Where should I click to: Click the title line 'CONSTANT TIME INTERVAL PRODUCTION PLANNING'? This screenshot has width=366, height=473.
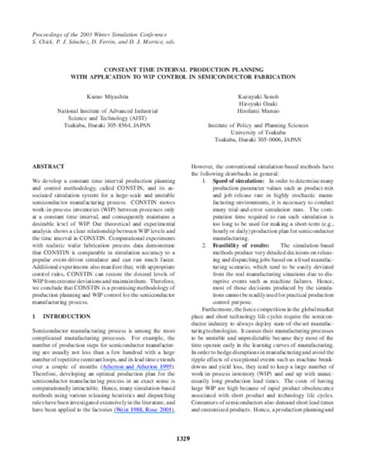(183, 69)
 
